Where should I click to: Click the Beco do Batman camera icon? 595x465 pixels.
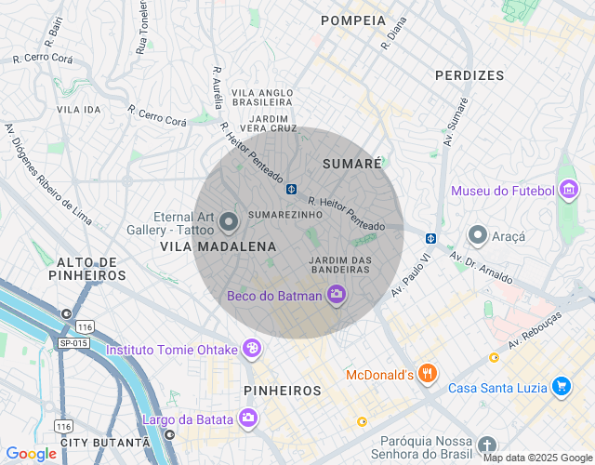pyautogui.click(x=337, y=296)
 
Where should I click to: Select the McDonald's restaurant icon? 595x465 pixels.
pyautogui.click(x=428, y=375)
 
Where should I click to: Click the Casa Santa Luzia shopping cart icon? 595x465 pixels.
pyautogui.click(x=561, y=387)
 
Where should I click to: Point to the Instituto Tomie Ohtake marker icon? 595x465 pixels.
pyautogui.click(x=251, y=350)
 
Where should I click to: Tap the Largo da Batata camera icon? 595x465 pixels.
pyautogui.click(x=247, y=418)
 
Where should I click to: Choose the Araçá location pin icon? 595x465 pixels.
pyautogui.click(x=478, y=236)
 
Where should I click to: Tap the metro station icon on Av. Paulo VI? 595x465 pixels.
pyautogui.click(x=430, y=238)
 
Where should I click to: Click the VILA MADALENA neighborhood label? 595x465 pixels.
pyautogui.click(x=218, y=246)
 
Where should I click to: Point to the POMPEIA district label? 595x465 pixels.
pyautogui.click(x=352, y=20)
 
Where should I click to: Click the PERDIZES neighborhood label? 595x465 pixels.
pyautogui.click(x=469, y=75)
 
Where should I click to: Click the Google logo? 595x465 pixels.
pyautogui.click(x=31, y=453)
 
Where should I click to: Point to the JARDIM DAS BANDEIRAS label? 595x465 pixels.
pyautogui.click(x=340, y=264)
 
